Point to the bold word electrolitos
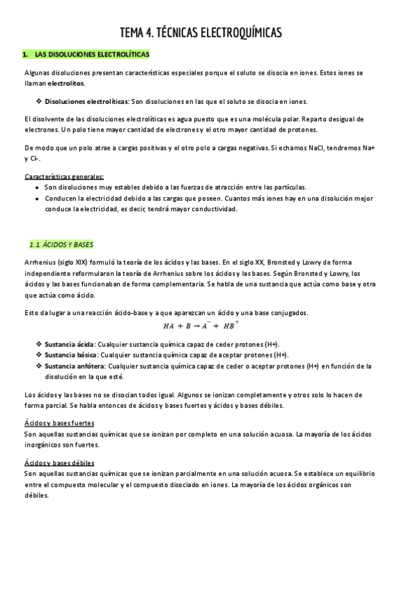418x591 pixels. click(x=66, y=84)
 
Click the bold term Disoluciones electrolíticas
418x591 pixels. click(x=85, y=101)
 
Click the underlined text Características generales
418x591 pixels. click(x=64, y=176)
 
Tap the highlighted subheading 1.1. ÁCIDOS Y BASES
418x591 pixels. click(x=62, y=245)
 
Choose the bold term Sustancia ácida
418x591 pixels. click(x=69, y=344)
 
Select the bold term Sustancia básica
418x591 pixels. click(x=70, y=355)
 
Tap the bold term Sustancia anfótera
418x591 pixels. click(x=75, y=366)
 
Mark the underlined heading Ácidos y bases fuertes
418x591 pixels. click(x=59, y=424)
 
